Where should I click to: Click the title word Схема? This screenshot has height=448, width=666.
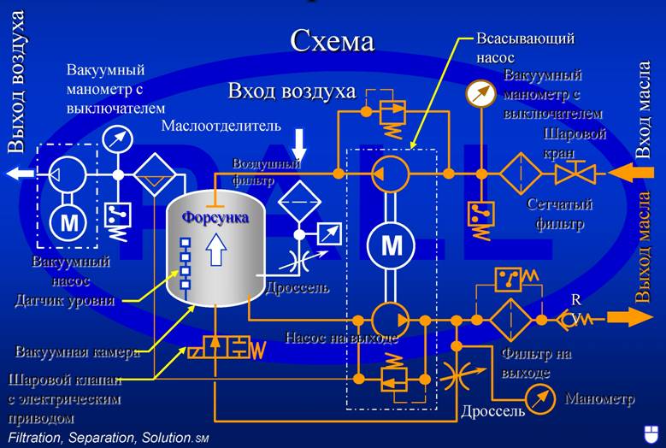(x=332, y=40)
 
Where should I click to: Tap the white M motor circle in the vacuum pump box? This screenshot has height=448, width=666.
(x=67, y=224)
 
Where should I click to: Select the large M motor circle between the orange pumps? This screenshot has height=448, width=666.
(x=392, y=246)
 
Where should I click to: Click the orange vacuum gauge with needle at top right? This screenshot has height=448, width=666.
(x=481, y=92)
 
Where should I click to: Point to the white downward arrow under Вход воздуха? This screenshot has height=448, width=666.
(x=298, y=142)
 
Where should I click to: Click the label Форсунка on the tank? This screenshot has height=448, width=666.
(x=215, y=218)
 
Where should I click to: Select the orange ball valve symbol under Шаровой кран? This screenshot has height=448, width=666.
(x=569, y=174)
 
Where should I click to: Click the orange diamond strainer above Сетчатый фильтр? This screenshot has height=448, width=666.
(x=517, y=174)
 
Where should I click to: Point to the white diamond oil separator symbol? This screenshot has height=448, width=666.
(x=155, y=174)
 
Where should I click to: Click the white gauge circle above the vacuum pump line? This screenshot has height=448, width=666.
(x=118, y=139)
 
